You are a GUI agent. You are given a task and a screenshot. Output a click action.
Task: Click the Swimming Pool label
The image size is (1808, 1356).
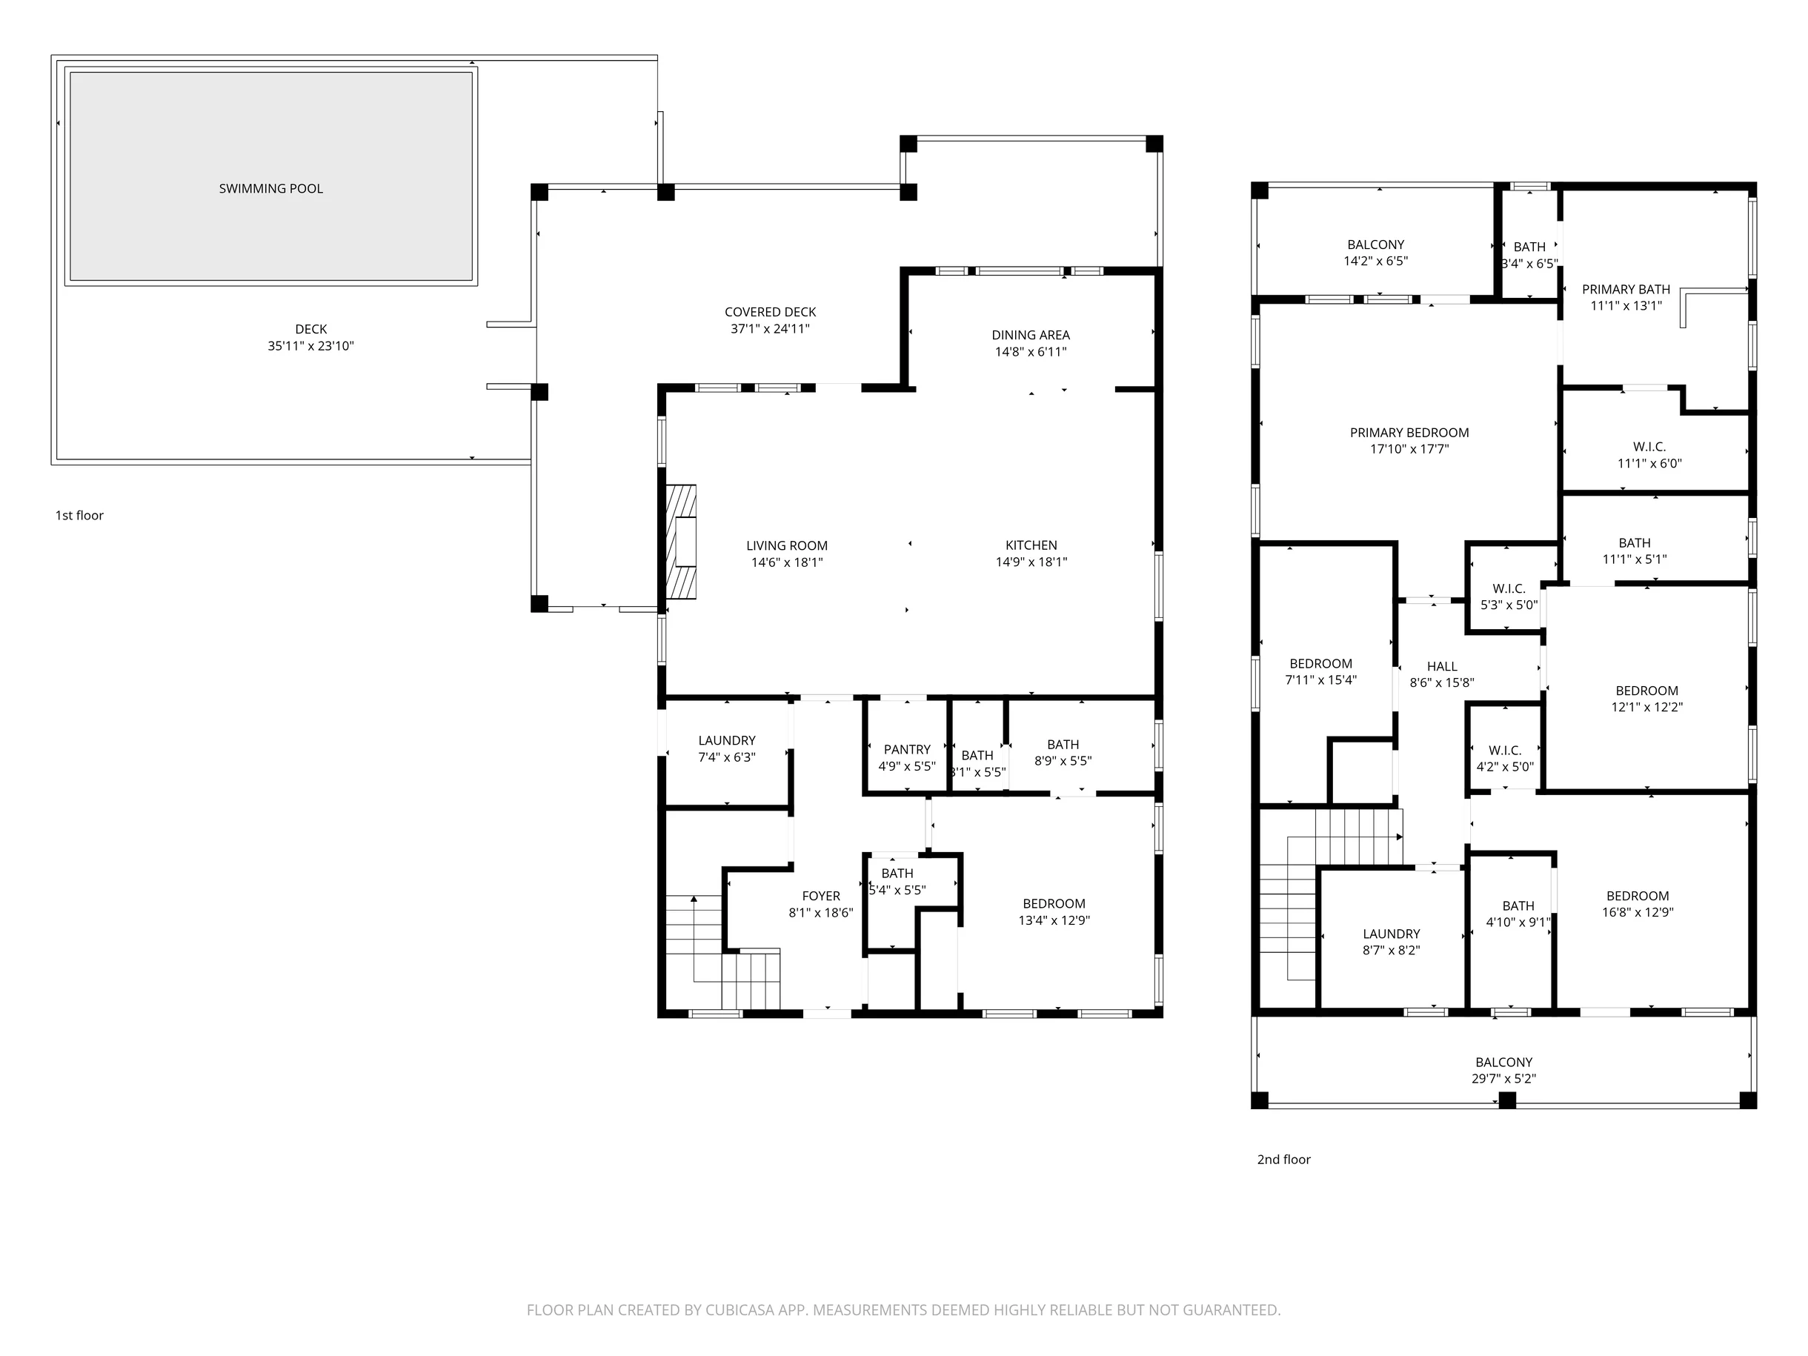pos(270,189)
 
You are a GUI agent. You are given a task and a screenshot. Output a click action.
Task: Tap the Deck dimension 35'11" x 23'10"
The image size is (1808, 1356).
pos(310,346)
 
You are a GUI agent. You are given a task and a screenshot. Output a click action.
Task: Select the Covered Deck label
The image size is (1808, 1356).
pos(770,312)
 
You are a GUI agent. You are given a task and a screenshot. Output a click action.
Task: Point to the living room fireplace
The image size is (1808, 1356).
pos(681,542)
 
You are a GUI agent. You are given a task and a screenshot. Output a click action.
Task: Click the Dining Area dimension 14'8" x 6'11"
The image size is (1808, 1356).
pos(1031,352)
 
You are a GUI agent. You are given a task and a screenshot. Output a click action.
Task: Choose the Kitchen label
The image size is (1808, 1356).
pos(1031,545)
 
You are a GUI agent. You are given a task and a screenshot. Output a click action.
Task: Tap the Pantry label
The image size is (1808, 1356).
pos(906,750)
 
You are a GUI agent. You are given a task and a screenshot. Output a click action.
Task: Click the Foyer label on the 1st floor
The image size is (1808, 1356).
pos(820,896)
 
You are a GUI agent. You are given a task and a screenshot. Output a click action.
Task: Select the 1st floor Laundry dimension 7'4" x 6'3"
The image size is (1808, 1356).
pos(726,758)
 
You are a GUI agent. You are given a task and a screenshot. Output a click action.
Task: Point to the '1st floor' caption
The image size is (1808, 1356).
pos(79,516)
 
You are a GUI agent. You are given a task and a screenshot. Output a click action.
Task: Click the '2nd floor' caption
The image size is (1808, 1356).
pos(1283,1160)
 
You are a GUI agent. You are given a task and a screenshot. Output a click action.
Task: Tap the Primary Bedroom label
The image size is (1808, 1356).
pos(1409,433)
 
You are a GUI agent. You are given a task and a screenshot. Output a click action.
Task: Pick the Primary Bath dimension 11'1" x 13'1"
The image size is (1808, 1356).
pos(1626,307)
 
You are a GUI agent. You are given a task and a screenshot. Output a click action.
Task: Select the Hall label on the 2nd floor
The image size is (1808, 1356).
pos(1442,667)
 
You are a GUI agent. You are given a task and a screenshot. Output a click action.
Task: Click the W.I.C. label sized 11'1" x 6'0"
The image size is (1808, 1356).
pos(1649,447)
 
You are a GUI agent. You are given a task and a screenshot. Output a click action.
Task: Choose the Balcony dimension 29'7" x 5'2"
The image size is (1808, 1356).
pos(1504,1079)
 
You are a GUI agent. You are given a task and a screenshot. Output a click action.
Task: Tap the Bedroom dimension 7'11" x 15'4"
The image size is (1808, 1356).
pos(1321,681)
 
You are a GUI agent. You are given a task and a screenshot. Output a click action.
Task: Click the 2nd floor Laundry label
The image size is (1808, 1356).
pos(1391,934)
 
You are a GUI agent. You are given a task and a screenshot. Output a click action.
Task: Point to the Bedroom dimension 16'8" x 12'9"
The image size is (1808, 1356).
pos(1637,913)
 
